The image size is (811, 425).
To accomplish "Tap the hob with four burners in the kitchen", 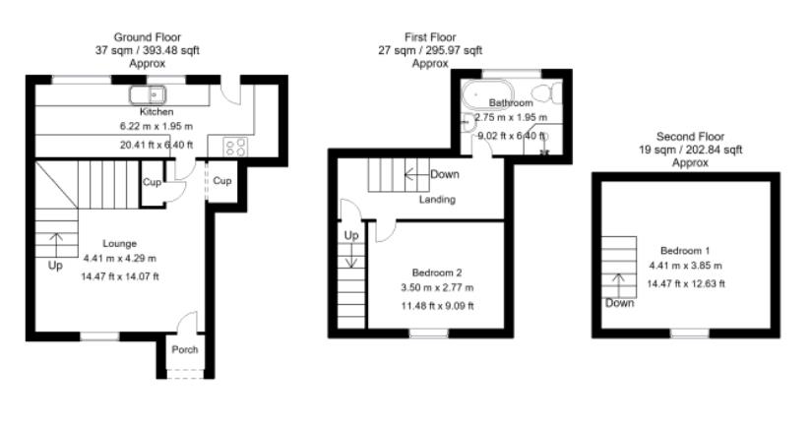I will pos(235,147).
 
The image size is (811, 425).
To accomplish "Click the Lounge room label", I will pos(119,243).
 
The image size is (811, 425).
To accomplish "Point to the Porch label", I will pos(185,349).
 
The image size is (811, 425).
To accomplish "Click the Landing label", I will pos(437,200).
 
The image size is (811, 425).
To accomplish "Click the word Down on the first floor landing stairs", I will pos(445,174).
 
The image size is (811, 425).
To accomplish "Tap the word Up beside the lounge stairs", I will pos(54,266).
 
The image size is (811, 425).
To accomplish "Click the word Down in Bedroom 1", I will pos(620,303).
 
